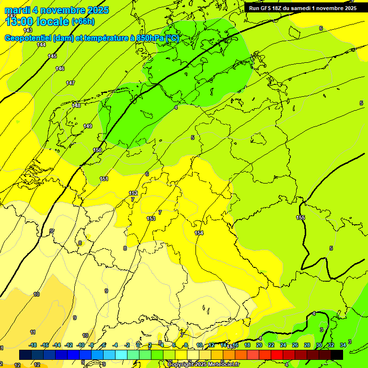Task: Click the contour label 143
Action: (28, 30)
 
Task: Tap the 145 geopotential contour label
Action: (52, 56)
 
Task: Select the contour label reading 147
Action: (70, 83)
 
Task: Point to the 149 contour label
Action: (88, 126)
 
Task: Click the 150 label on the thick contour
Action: (97, 150)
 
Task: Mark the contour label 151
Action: (104, 179)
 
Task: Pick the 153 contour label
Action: (151, 218)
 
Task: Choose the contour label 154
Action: (199, 233)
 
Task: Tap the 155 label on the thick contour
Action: (300, 218)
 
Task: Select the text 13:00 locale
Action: (37, 21)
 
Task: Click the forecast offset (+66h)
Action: (83, 22)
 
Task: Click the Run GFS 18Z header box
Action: (302, 8)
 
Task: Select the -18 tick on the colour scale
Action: (33, 345)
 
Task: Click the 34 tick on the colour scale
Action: (343, 345)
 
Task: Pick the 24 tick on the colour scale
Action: (283, 345)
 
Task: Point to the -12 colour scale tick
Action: (69, 345)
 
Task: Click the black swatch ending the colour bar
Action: (336, 355)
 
